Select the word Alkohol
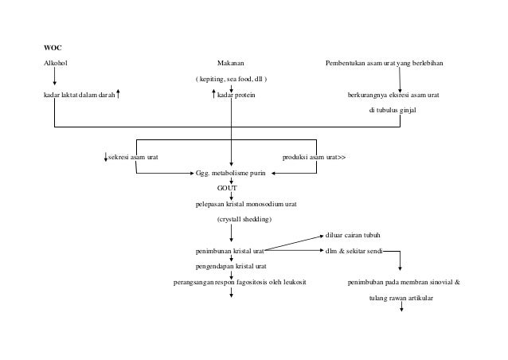coord(55,63)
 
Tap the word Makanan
coord(231,63)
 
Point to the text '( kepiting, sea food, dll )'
coord(231,80)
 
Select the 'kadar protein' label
coord(236,96)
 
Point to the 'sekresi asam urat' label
coord(133,157)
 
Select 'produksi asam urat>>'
coord(315,157)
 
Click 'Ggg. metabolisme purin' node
coord(232,172)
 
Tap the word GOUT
coord(228,188)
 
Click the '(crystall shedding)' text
coord(244,219)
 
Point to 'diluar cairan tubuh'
coord(353,235)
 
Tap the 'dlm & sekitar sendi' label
coord(353,251)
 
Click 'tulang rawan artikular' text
coord(401,298)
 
